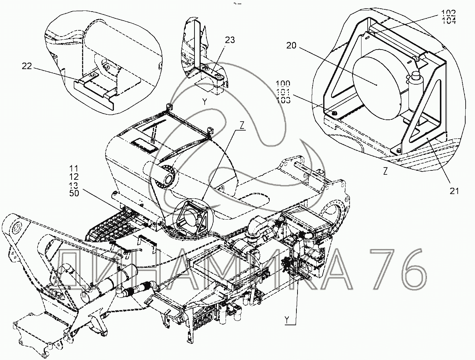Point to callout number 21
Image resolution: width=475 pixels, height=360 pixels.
tap(454, 191)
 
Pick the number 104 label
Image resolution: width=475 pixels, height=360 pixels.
tap(449, 21)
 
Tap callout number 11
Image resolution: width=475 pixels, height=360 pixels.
tap(73, 168)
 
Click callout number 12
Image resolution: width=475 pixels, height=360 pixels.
tap(73, 176)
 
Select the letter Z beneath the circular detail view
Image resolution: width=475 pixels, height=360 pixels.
tap(385, 172)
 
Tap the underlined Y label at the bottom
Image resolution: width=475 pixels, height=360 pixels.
tap(287, 319)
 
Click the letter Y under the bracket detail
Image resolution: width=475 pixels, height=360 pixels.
tap(205, 102)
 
